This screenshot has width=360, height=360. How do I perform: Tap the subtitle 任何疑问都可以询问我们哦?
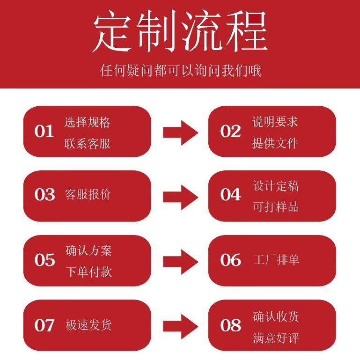tap(180, 71)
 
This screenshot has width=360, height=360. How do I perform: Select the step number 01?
tap(44, 132)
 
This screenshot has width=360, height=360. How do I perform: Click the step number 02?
tap(230, 132)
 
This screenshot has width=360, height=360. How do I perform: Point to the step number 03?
tap(44, 195)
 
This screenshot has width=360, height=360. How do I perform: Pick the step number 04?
tap(230, 195)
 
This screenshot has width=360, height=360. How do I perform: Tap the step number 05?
tap(44, 260)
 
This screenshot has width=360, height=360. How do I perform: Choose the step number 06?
tap(230, 260)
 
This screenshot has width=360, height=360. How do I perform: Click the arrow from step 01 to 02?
tap(180, 132)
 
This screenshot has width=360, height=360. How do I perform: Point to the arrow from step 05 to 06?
tap(180, 261)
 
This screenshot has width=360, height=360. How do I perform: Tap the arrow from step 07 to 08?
tap(180, 326)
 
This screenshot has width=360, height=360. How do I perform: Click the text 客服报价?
tap(88, 195)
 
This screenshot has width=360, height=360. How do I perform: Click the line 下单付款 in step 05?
tap(88, 272)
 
